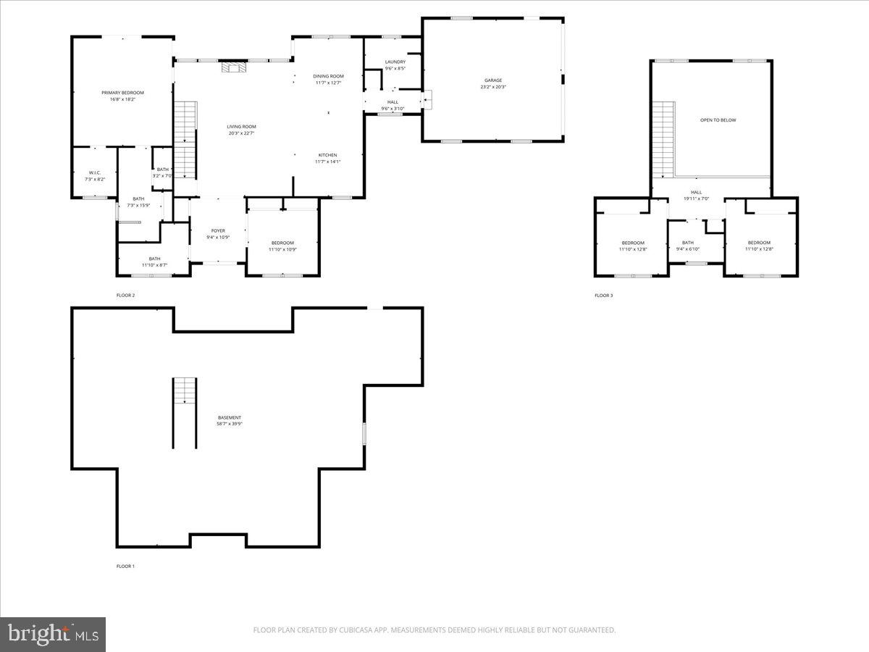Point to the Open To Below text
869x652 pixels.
[x=718, y=120]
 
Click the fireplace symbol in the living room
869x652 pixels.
[x=234, y=68]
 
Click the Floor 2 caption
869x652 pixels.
[x=125, y=296]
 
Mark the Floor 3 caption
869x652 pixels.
[x=603, y=296]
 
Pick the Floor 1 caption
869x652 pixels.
[x=125, y=566]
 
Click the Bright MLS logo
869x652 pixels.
[x=53, y=635]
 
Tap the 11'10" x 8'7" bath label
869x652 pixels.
[x=155, y=262]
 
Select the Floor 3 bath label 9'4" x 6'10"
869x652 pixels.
[x=687, y=246]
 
